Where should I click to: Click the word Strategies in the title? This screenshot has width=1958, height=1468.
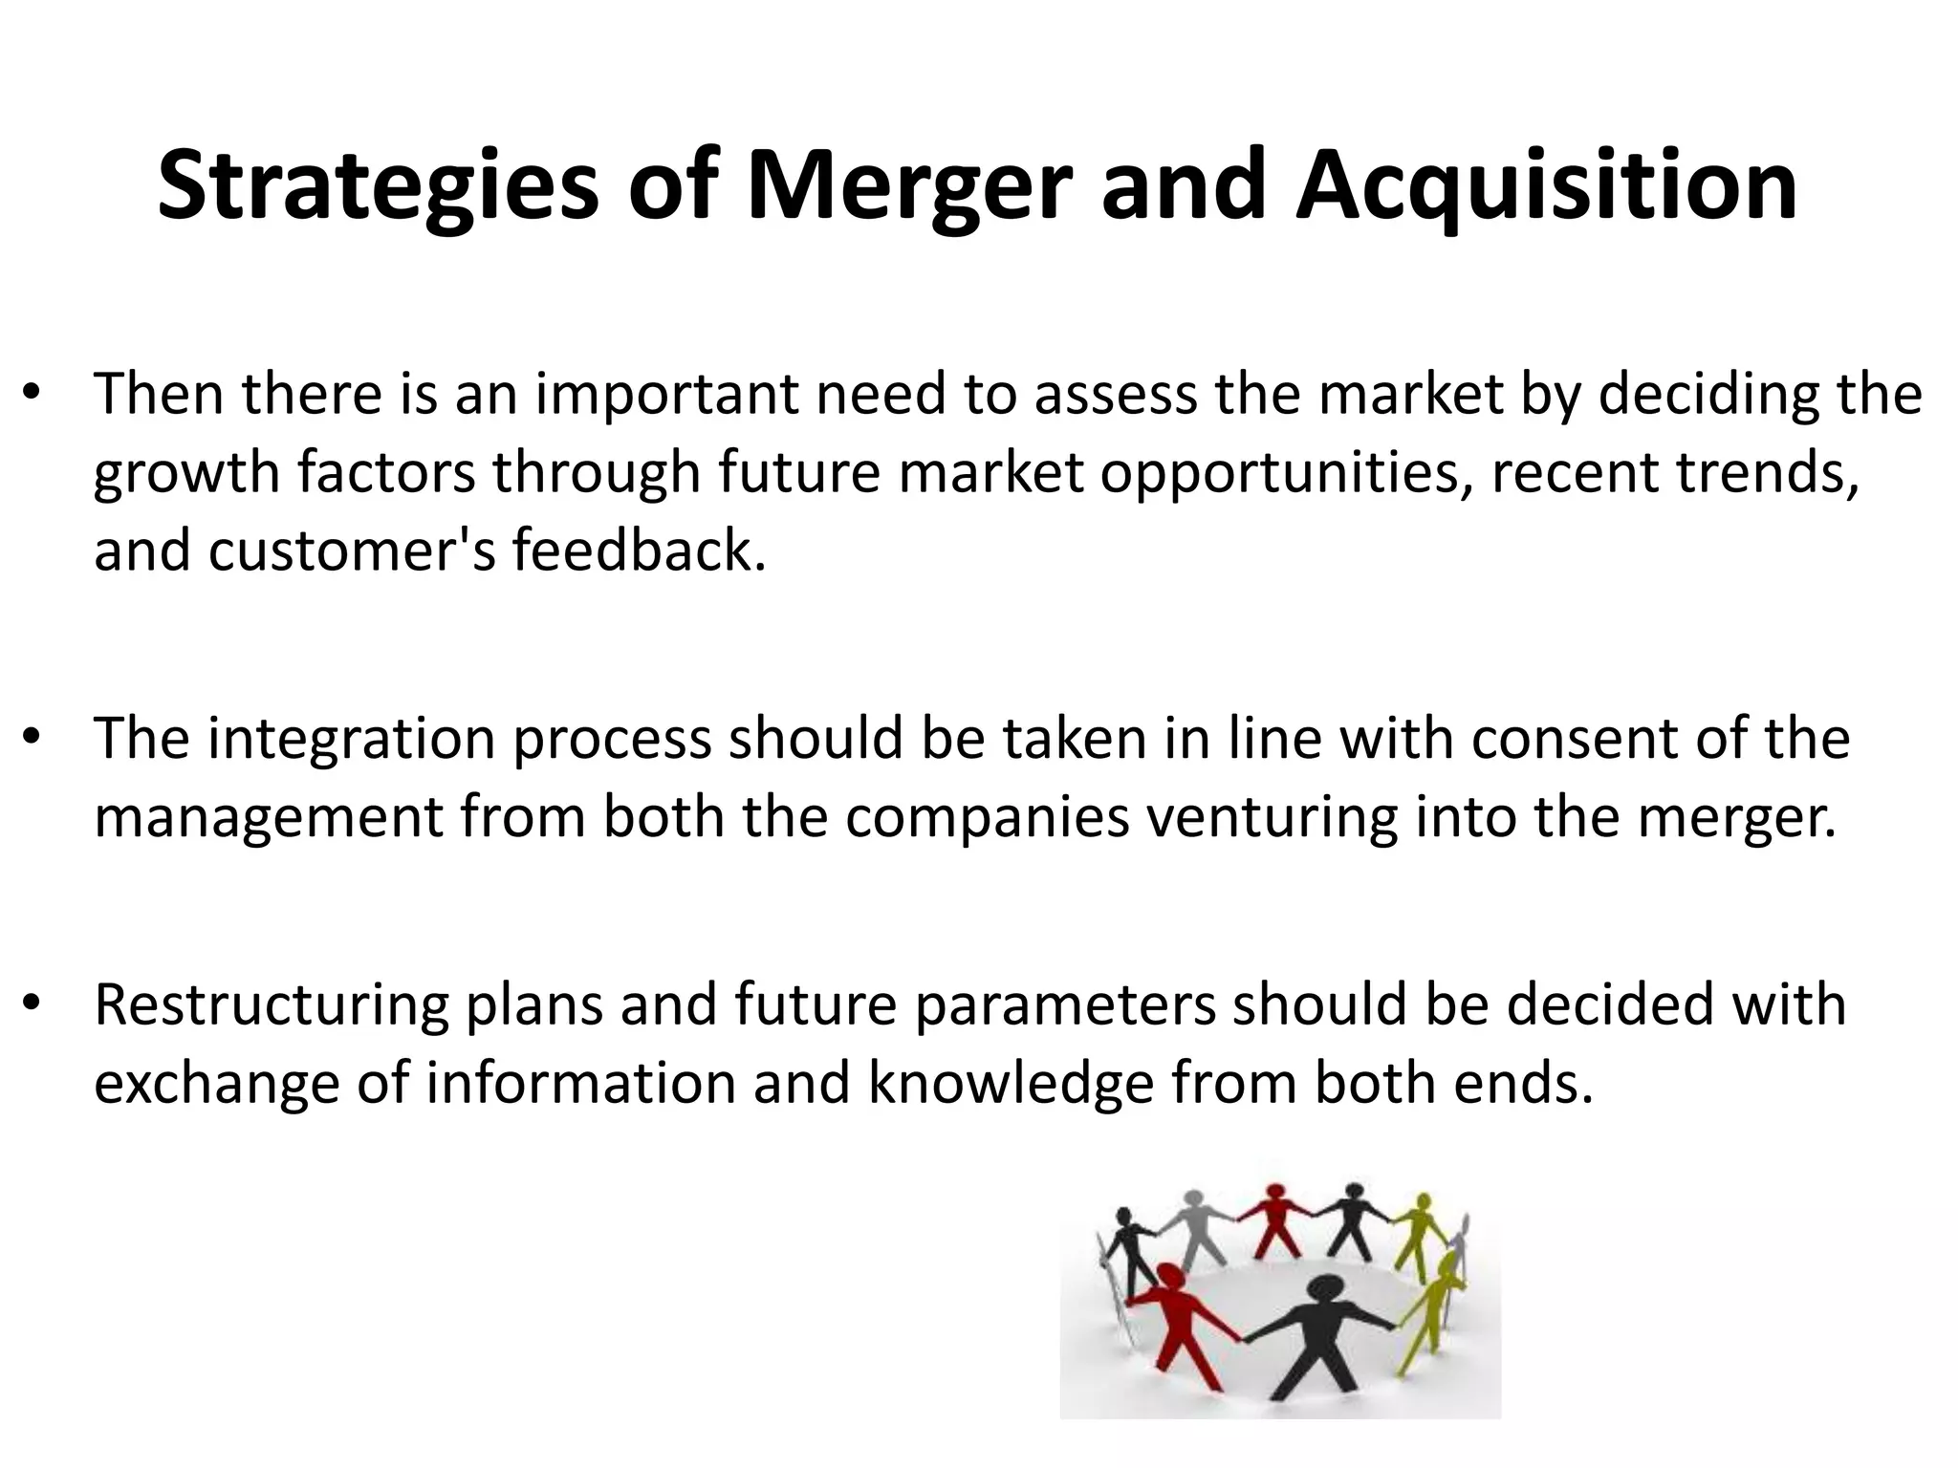378,186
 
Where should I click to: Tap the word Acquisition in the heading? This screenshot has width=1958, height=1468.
1546,186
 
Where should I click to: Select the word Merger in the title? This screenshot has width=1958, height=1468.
903,186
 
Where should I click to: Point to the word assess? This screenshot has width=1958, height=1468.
1116,394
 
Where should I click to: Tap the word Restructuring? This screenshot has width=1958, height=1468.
272,1006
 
